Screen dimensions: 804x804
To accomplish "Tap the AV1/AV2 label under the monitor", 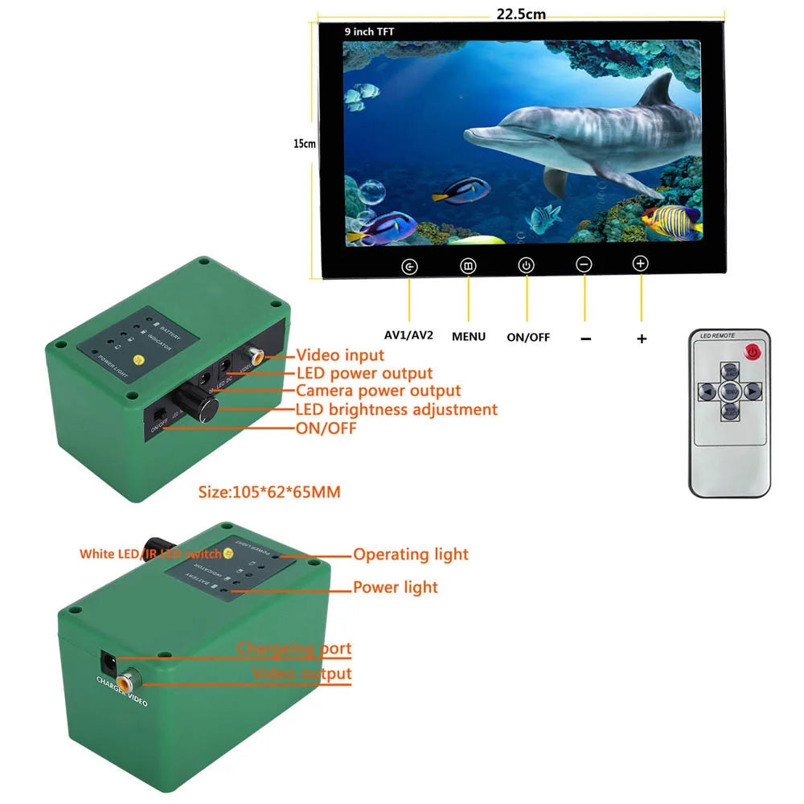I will [x=408, y=334].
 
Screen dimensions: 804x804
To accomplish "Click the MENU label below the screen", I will [x=469, y=336].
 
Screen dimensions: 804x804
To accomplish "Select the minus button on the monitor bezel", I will [x=585, y=265].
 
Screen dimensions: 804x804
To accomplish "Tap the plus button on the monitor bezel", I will [x=640, y=263].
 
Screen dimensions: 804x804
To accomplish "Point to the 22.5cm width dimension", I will [x=521, y=13].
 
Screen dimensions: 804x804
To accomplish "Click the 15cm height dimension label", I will [x=304, y=143].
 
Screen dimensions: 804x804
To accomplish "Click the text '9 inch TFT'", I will [x=369, y=31].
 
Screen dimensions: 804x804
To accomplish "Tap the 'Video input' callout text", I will [x=340, y=355].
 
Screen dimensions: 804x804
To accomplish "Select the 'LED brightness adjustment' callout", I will [x=396, y=409].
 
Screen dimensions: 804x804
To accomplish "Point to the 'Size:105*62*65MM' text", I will [x=269, y=491].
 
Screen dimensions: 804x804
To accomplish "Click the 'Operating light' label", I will [x=410, y=554].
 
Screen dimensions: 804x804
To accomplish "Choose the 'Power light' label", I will [x=396, y=587].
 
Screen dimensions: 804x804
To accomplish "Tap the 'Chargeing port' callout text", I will [x=294, y=648].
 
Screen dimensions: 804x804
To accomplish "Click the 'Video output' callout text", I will [x=302, y=673].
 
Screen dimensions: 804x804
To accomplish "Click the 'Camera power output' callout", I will [x=378, y=391].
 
